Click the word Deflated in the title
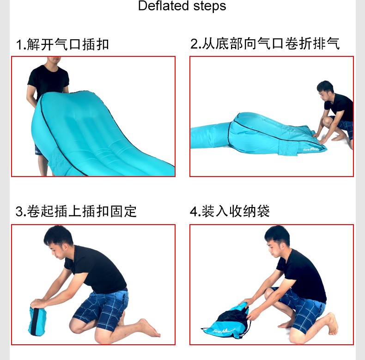[x=163, y=6]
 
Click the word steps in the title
[x=210, y=6]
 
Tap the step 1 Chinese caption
[x=62, y=44]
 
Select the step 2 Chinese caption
[x=265, y=43]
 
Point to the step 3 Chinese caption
[x=76, y=211]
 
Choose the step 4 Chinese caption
[x=230, y=211]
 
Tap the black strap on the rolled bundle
[x=36, y=322]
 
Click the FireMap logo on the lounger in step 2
[x=311, y=149]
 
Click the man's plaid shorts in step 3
[x=103, y=307]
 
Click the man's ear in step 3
[x=67, y=247]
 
